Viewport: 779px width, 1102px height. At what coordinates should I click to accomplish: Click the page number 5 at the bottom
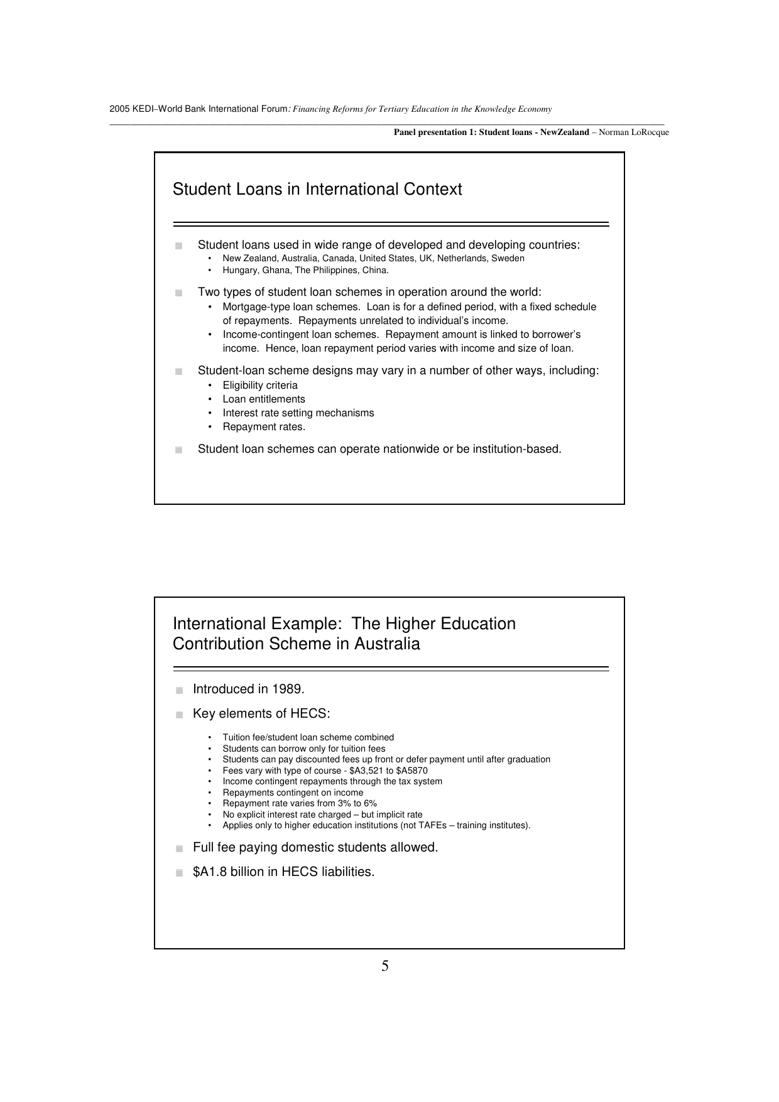coord(384,966)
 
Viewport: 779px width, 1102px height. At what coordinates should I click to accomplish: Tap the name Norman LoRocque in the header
coord(634,132)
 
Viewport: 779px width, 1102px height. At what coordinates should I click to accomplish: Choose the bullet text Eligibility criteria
coord(260,386)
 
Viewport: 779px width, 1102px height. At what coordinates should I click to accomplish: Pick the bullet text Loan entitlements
coord(264,399)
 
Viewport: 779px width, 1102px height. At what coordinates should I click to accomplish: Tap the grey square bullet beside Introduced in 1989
coord(179,691)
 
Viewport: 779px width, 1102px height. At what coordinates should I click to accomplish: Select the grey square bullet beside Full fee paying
coord(179,849)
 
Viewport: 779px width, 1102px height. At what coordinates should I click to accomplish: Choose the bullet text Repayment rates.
coord(264,427)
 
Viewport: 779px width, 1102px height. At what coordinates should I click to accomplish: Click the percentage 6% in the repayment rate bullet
coord(369,804)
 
